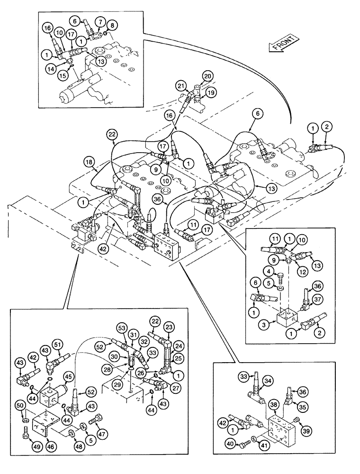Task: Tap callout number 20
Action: click(x=207, y=76)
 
